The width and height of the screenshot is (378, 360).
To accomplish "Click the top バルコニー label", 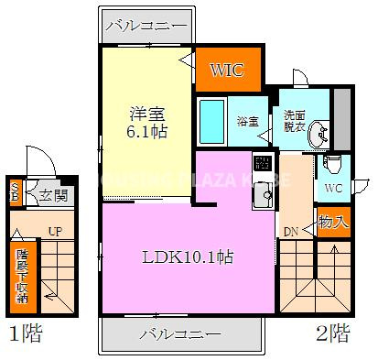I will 146,25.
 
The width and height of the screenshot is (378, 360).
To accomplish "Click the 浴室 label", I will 247,121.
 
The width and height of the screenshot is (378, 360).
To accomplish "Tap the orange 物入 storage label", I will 333,220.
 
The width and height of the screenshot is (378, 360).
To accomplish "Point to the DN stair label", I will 288,231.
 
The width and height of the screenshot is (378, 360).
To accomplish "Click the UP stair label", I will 55,232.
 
